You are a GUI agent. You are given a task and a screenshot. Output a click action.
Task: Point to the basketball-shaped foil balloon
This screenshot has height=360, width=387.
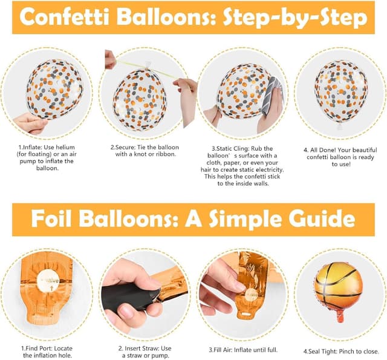[338, 288]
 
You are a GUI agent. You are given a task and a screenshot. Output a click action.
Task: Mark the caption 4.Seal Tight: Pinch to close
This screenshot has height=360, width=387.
[341, 350]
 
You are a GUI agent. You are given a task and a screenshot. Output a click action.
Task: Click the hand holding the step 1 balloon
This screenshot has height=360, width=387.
[30, 124]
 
